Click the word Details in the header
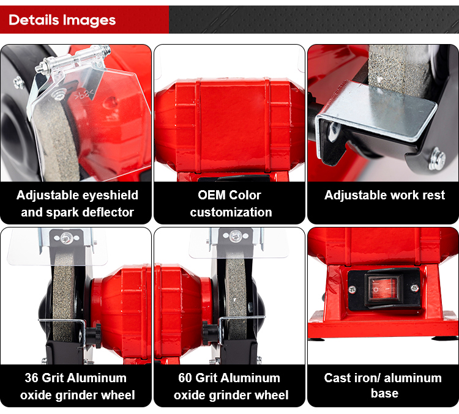click(x=34, y=20)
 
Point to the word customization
click(x=231, y=212)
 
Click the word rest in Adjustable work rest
click(x=433, y=195)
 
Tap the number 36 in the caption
click(x=32, y=378)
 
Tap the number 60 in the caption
click(x=185, y=378)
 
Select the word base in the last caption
click(x=384, y=393)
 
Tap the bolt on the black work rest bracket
click(x=437, y=158)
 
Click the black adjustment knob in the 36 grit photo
click(x=94, y=335)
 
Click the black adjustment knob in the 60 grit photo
click(x=210, y=333)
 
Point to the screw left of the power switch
click(x=353, y=289)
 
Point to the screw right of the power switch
click(x=414, y=288)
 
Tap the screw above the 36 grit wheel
click(x=67, y=238)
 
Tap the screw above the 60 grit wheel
click(x=236, y=236)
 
